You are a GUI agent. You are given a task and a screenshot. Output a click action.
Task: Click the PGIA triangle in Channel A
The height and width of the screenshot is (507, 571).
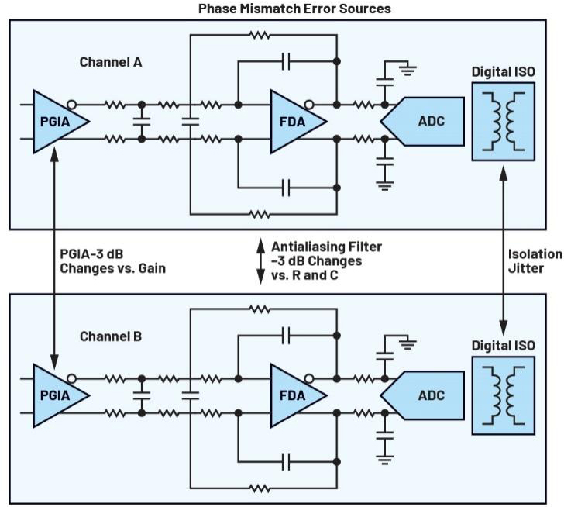tap(58, 122)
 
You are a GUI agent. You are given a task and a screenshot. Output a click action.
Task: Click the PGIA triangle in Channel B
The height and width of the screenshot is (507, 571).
tap(58, 395)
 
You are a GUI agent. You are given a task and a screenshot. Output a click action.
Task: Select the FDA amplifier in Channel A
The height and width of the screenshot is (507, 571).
tap(296, 122)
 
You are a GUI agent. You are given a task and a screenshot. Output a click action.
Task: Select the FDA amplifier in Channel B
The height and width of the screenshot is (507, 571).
tap(296, 395)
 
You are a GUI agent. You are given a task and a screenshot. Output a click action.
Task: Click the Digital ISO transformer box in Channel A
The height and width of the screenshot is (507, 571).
tap(504, 122)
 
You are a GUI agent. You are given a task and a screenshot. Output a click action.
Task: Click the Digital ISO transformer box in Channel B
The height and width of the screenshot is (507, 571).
tap(504, 395)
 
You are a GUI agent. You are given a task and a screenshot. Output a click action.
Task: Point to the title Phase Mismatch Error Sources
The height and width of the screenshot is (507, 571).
tap(294, 9)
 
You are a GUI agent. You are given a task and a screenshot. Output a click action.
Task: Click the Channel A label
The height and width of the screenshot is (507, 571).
tap(111, 62)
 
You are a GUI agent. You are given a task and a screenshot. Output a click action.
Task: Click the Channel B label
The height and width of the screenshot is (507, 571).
tap(111, 336)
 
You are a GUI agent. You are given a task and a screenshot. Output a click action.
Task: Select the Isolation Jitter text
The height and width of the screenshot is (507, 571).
tap(535, 261)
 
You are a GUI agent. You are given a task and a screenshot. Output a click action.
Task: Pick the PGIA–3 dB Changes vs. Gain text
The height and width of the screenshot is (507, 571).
tap(112, 261)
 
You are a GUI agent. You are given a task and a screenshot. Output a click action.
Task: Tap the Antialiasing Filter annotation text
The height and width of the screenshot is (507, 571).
tap(326, 261)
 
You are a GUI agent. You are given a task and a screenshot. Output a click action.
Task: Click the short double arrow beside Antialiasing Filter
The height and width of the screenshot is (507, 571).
tap(261, 261)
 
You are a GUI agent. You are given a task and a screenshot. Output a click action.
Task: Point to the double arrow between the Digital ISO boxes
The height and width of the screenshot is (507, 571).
tap(504, 251)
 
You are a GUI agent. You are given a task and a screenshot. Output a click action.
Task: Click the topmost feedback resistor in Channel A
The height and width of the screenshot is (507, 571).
tap(260, 35)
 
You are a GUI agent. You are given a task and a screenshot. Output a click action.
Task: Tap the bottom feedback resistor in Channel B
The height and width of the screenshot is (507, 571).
tap(260, 488)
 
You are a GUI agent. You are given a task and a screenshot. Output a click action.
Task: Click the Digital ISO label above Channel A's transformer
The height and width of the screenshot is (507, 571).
tap(504, 72)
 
